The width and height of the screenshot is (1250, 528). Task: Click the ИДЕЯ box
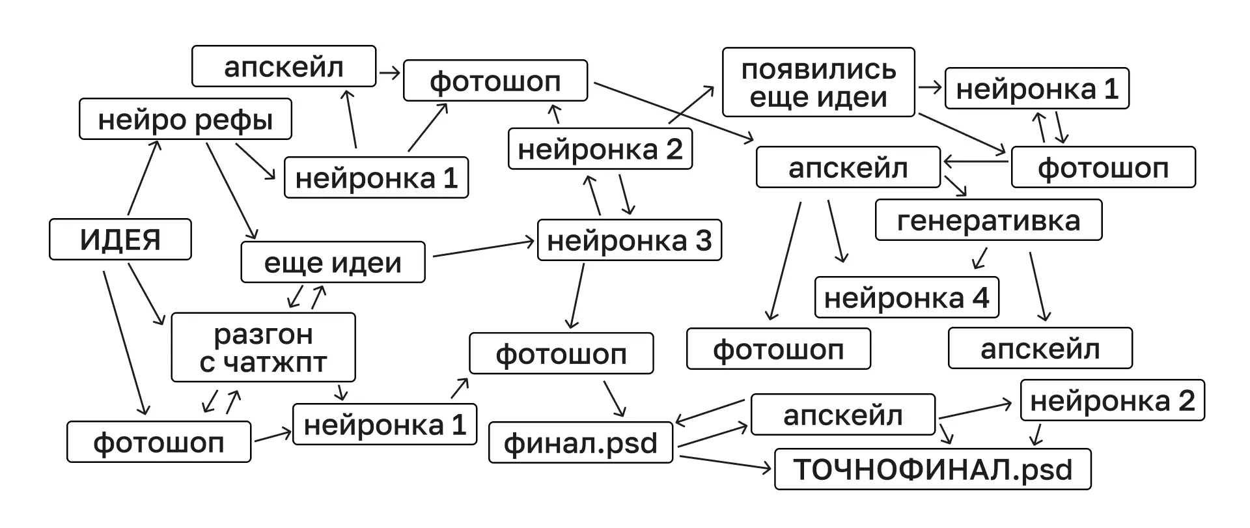click(120, 240)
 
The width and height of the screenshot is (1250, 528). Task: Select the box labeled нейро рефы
click(185, 119)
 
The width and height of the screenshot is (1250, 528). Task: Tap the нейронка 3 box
click(629, 240)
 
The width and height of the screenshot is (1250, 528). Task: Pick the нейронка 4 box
click(906, 298)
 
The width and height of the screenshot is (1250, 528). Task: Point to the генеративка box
click(988, 220)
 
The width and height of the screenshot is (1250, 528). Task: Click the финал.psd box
click(580, 443)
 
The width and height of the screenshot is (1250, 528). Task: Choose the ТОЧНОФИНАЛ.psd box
click(932, 469)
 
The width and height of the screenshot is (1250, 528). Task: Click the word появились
click(818, 70)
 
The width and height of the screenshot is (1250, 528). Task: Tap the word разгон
click(263, 335)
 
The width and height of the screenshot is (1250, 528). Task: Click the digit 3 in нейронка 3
click(704, 240)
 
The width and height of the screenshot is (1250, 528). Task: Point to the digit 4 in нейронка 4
click(980, 298)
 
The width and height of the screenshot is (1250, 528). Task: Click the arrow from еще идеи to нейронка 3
click(483, 249)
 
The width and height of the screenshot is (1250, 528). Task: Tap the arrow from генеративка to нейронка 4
click(980, 258)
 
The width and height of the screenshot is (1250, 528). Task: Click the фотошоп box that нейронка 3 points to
click(561, 354)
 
